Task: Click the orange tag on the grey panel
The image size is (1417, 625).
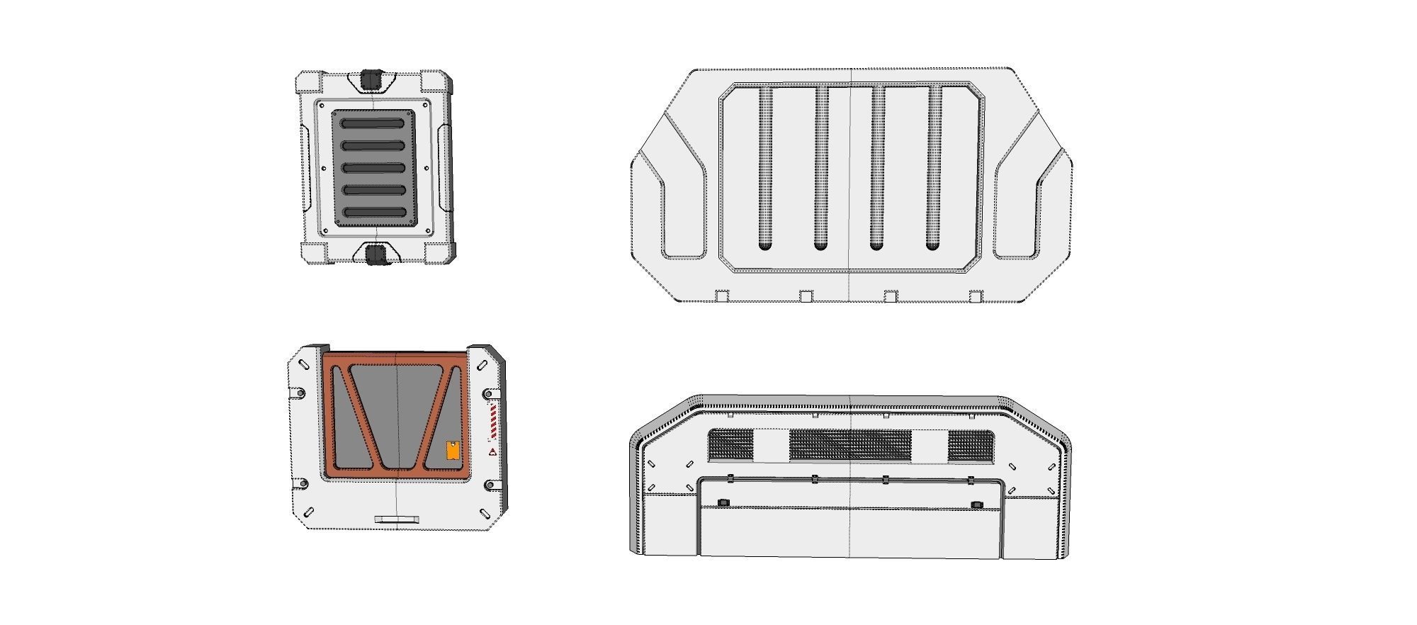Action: pyautogui.click(x=453, y=451)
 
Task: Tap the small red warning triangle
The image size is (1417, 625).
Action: pyautogui.click(x=492, y=451)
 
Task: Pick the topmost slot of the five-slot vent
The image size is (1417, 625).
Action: pyautogui.click(x=373, y=123)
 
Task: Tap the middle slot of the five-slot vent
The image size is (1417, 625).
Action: pyautogui.click(x=373, y=168)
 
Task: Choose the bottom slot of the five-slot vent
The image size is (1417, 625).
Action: pyautogui.click(x=373, y=213)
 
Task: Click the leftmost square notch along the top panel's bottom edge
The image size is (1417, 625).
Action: pyautogui.click(x=722, y=296)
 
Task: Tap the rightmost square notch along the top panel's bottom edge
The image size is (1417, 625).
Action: pyautogui.click(x=976, y=296)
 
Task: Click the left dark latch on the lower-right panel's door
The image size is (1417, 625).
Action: pyautogui.click(x=723, y=503)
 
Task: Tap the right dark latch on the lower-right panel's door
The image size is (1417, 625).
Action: pyautogui.click(x=976, y=505)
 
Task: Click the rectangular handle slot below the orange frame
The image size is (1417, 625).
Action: pyautogui.click(x=397, y=520)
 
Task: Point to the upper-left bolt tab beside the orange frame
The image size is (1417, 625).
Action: pyautogui.click(x=301, y=393)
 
